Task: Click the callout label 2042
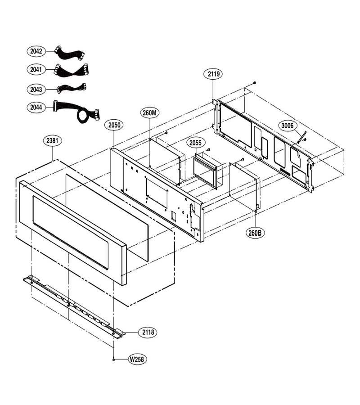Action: (36, 51)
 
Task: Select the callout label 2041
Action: (36, 69)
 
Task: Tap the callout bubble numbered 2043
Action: (36, 90)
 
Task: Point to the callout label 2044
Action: (36, 107)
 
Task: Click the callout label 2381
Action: (52, 141)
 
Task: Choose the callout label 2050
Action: (114, 125)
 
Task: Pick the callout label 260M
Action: (150, 112)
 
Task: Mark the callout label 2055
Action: (195, 143)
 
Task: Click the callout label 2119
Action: (214, 74)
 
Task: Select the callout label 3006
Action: (288, 126)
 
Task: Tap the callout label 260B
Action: (255, 233)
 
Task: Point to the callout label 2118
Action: (148, 332)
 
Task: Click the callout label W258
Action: (137, 359)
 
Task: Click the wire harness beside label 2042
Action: (69, 53)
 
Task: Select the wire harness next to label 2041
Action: (71, 70)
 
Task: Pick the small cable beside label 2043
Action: (72, 88)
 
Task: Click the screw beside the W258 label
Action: (113, 359)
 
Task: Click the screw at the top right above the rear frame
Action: (255, 83)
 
